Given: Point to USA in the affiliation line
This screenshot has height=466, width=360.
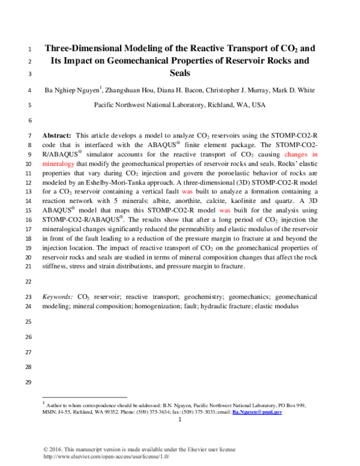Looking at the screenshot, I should (x=258, y=104).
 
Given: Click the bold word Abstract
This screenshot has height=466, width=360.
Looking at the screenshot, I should (x=58, y=136).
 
